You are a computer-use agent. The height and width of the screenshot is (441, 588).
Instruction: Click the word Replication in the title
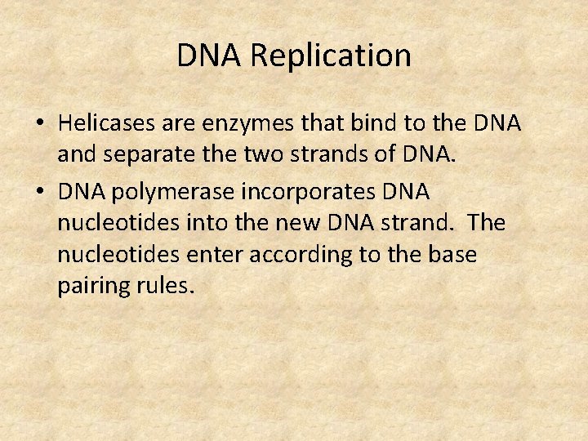coord(331,56)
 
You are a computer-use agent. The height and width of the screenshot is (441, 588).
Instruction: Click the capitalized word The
coord(488,223)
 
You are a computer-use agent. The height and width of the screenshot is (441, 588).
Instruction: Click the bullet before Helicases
coord(39,124)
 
